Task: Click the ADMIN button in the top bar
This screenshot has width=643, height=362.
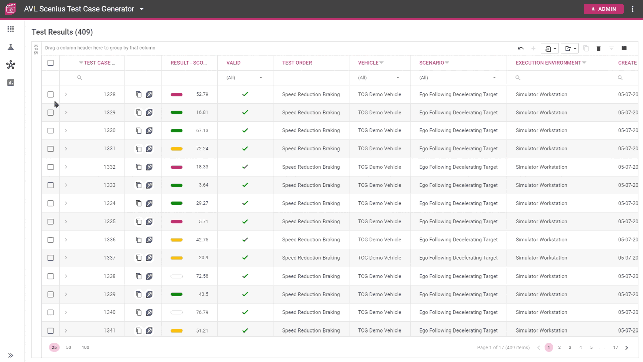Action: coord(603,9)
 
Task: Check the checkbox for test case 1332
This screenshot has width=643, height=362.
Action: coord(50,167)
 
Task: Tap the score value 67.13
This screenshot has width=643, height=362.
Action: coord(202,130)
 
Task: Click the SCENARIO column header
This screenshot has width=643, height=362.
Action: coord(431,63)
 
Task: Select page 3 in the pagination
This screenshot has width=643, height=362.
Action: coord(570,347)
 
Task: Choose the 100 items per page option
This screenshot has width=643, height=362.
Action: coord(85,347)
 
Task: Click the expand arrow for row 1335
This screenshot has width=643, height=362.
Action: coord(66,222)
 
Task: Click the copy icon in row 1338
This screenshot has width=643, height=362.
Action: coord(139,276)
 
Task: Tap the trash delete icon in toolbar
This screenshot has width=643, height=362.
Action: coord(598,48)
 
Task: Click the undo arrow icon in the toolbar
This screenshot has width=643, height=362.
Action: coord(520,48)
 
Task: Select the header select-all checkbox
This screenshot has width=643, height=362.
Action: coord(50,63)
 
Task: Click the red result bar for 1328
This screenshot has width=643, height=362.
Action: coord(176,94)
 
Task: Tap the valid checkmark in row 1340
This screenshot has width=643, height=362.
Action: coord(245,312)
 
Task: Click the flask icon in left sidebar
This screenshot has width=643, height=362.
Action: coord(11,47)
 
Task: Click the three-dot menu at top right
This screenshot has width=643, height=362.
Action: coord(632,9)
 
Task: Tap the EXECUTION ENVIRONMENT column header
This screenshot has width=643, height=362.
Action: coord(548,63)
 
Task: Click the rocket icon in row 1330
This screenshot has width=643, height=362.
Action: coord(149,130)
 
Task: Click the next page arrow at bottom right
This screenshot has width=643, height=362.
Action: coord(626,348)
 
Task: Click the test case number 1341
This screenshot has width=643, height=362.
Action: coord(109,330)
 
